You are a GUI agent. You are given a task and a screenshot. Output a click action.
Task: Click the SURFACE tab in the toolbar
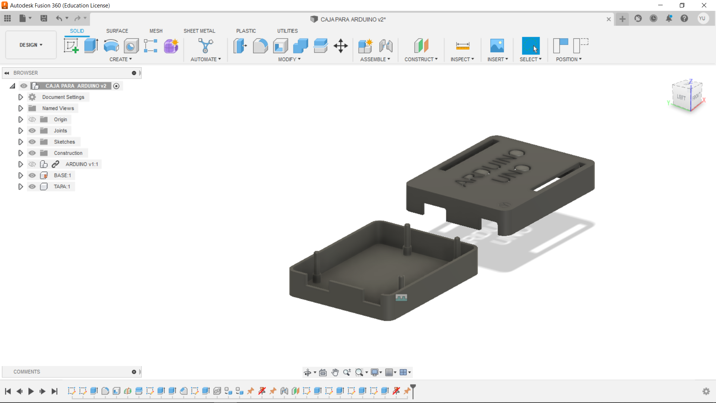coord(117,31)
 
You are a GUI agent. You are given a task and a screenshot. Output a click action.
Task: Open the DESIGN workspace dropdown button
coord(31,45)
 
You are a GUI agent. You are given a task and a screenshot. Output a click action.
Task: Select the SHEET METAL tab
coord(199,31)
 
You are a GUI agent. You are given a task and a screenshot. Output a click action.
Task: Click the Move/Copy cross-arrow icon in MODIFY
coord(340,46)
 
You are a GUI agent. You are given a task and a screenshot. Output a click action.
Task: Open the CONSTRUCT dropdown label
coord(421,59)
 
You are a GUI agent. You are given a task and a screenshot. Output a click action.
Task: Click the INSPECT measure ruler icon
coord(462,46)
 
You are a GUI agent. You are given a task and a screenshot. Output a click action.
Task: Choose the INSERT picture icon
coord(497,46)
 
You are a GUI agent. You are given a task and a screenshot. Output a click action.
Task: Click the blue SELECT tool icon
coord(530,46)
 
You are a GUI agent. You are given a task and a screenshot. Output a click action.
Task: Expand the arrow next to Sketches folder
coord(21,142)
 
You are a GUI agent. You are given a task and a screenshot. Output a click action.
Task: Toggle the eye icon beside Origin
coord(32,119)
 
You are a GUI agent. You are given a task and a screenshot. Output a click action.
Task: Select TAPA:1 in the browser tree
coord(62,187)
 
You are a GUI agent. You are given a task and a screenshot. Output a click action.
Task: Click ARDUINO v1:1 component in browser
coord(82,164)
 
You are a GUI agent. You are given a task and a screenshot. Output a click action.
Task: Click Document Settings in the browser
coord(63,97)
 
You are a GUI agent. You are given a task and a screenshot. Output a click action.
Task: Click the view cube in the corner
coord(687,96)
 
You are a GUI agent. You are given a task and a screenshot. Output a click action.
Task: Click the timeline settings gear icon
coord(706,391)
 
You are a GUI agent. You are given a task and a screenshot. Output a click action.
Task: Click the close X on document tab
coord(609,19)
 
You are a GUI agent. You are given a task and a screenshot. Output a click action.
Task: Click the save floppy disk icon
coord(44,18)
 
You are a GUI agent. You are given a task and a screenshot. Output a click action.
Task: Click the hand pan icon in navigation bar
coord(335,372)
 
